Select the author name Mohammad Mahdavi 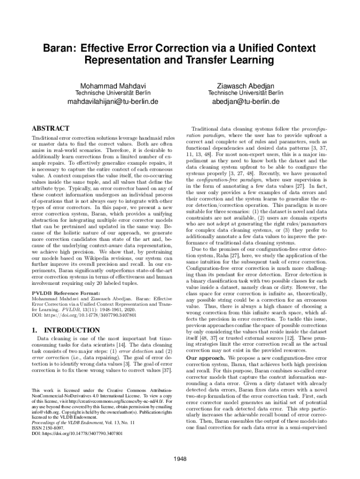point(113,86)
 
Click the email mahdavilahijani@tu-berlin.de point(113,102)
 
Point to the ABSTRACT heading point(50,128)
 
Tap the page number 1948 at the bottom point(180,458)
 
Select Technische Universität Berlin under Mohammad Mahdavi point(113,93)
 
